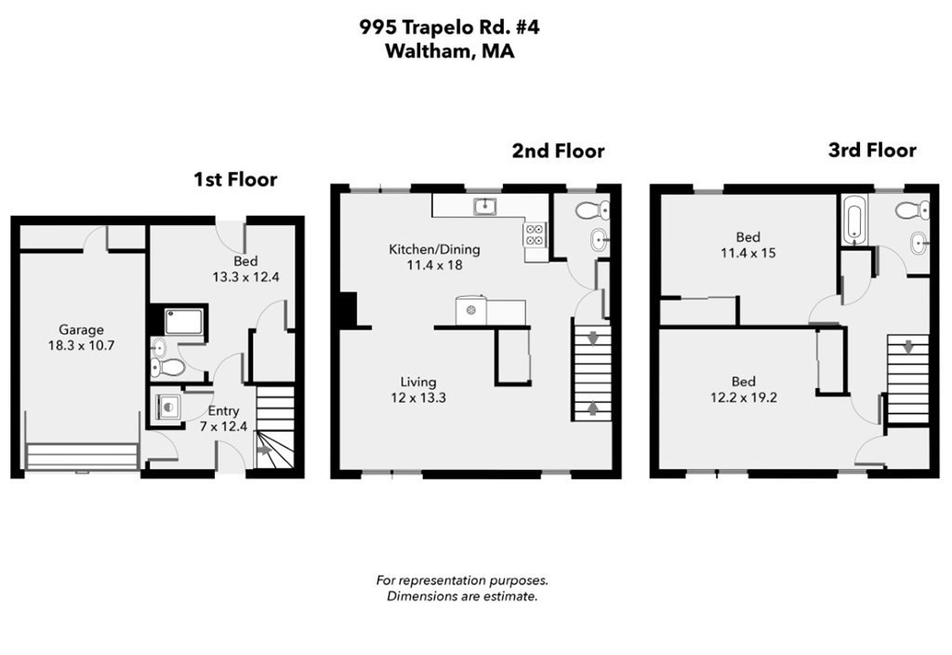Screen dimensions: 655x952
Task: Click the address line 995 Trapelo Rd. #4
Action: click(449, 27)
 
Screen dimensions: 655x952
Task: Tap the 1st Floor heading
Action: click(234, 180)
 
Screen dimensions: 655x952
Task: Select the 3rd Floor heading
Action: click(871, 150)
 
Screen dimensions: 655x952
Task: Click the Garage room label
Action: click(81, 329)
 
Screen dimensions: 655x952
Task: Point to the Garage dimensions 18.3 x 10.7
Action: click(81, 345)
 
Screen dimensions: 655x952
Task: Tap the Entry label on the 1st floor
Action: click(223, 410)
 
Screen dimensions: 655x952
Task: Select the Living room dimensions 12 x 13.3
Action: click(418, 398)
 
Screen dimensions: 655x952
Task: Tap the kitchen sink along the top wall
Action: click(483, 205)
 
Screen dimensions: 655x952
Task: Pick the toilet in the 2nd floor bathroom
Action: click(590, 210)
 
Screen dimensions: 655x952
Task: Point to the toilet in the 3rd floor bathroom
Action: click(910, 211)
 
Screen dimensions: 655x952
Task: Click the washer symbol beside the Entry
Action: click(167, 408)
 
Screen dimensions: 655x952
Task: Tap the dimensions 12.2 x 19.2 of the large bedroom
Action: click(743, 398)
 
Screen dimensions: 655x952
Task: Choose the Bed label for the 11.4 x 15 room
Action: click(747, 237)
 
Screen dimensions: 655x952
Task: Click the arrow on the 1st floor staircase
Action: click(264, 450)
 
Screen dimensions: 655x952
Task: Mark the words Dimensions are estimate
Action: click(462, 596)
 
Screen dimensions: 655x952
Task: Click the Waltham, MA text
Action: click(449, 52)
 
